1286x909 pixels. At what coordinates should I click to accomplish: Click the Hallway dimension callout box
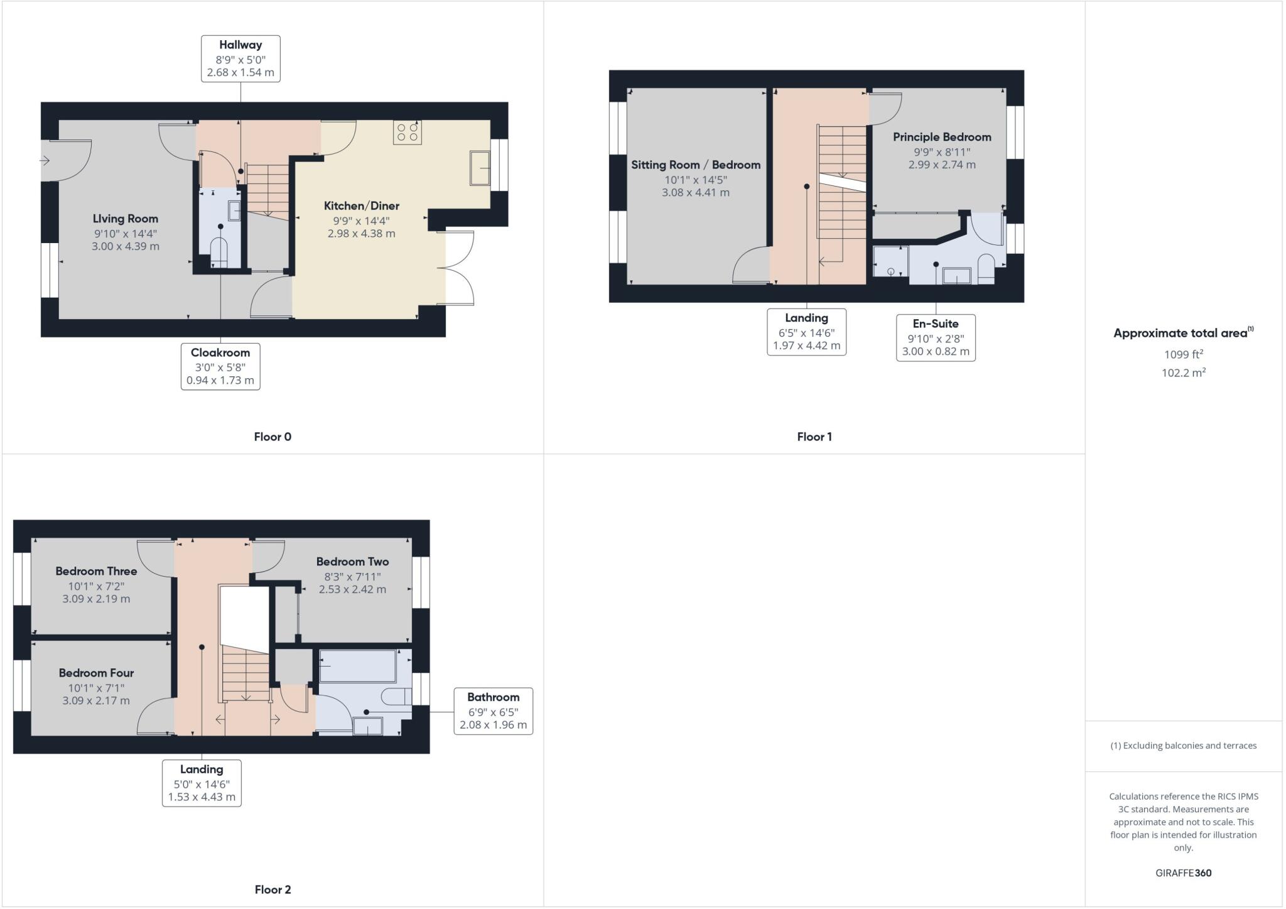pos(240,58)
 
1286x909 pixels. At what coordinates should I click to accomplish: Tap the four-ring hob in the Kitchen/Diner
pos(408,132)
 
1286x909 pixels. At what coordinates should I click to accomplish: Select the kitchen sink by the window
pos(480,168)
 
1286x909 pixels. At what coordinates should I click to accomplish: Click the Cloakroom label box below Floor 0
pos(220,366)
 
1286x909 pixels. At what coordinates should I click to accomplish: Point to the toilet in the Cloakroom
pos(219,250)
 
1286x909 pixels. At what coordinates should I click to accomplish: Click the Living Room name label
pos(126,219)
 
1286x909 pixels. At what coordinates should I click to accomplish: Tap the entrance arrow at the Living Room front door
pos(45,161)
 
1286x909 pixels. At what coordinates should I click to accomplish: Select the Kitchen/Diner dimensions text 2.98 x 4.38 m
pos(361,234)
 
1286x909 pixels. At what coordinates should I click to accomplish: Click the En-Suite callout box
pos(936,338)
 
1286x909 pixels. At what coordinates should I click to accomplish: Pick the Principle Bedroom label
pos(942,137)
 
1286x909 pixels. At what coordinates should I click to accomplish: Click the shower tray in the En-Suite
pos(890,261)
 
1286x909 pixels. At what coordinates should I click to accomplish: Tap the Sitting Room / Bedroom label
pos(696,165)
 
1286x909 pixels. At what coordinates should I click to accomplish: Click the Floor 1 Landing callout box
pos(806,332)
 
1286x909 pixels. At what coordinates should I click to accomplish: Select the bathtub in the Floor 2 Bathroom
pos(358,666)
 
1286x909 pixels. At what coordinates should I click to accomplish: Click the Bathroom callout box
pos(493,711)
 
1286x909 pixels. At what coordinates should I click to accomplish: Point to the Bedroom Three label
pos(96,571)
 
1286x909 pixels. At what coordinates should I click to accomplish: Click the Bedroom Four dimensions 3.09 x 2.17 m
pos(96,700)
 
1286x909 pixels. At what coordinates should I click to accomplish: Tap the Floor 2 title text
pos(273,890)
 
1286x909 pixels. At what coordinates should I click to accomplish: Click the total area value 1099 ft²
pos(1183,355)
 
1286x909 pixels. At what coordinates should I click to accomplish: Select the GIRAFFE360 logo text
pos(1183,873)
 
